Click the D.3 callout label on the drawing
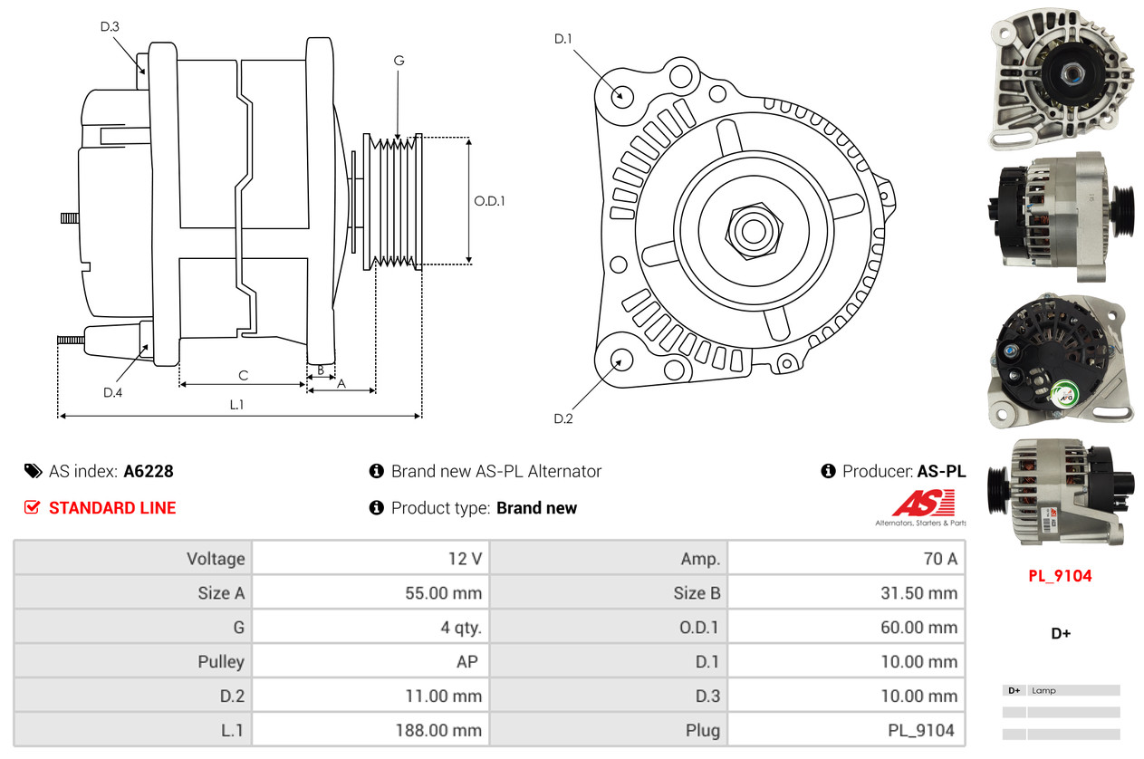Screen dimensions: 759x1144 coord(110,27)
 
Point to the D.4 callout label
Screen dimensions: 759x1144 coord(112,392)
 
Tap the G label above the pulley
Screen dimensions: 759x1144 coord(399,61)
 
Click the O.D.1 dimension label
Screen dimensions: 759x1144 coord(489,201)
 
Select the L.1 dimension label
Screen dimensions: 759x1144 coord(236,405)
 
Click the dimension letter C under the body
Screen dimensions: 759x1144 coord(243,375)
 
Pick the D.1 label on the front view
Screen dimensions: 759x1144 coord(563,38)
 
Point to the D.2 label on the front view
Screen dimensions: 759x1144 coord(563,418)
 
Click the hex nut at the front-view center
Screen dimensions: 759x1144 coord(751,230)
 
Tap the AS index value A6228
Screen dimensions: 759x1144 coord(149,471)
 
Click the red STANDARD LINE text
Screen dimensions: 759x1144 coord(112,508)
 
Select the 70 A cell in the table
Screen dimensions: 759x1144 coord(939,559)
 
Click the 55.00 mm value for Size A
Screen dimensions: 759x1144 coord(444,593)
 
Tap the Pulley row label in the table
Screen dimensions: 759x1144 coord(221,662)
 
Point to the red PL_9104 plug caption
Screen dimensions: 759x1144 coord(1060,576)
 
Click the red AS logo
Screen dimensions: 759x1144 coord(924,504)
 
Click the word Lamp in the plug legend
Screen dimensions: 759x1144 coord(1043,691)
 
